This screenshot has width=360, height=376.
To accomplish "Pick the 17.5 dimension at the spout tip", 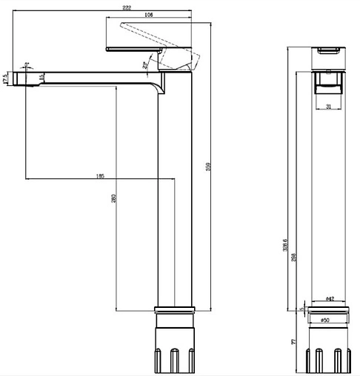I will [6, 78].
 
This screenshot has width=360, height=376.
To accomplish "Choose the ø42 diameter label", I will [330, 299].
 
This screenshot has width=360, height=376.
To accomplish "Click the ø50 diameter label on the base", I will [326, 320].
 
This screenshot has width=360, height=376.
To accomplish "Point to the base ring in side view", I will [176, 312].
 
